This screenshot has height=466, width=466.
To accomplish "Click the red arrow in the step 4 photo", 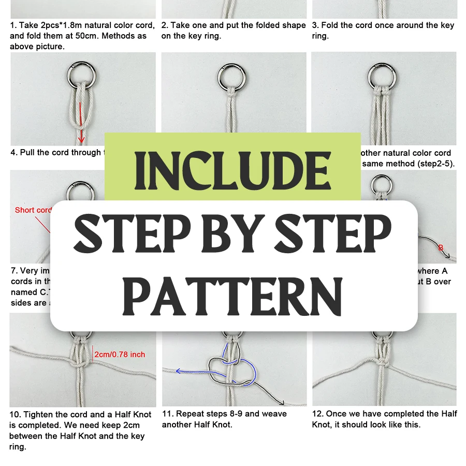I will click(81, 122).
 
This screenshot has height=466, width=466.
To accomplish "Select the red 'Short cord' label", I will click(33, 210).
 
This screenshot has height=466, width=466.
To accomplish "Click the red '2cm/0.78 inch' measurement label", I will click(120, 355).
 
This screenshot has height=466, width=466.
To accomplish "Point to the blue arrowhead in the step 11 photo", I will click(178, 371).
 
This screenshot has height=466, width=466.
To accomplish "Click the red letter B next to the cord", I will click(441, 247).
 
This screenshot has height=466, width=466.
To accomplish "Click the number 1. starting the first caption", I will click(13, 25).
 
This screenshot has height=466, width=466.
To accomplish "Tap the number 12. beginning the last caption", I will click(317, 414).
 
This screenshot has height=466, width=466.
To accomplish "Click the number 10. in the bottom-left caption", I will click(16, 414).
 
